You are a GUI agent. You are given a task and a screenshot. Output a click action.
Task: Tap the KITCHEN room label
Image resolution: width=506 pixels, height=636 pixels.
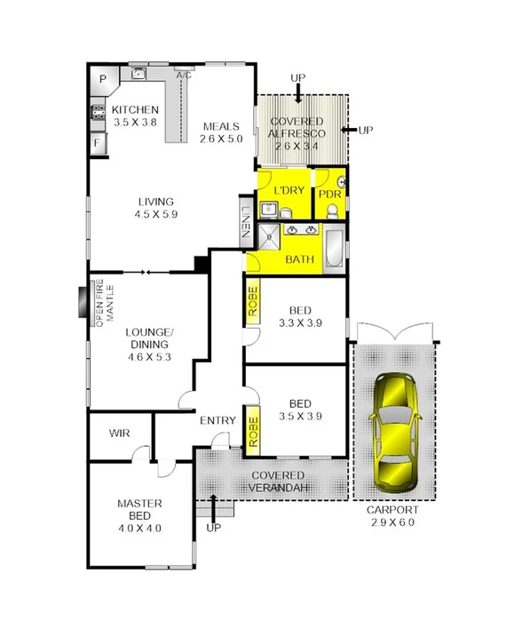(x=135, y=109)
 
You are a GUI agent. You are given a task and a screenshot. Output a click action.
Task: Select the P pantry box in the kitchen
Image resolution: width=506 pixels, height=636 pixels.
(x=102, y=79)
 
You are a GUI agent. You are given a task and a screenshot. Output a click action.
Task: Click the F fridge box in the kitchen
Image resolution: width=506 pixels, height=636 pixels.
(x=97, y=142)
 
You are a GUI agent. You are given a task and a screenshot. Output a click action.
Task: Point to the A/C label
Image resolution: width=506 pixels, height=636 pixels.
(x=184, y=76)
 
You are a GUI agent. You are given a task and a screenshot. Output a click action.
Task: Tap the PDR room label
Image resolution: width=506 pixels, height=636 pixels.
(x=329, y=194)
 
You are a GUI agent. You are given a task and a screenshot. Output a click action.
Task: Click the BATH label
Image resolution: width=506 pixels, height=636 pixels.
(x=298, y=260)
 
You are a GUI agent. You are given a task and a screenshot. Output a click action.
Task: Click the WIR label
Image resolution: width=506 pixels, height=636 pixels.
(x=119, y=433)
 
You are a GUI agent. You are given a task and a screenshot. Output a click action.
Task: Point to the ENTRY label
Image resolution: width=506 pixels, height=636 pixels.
(x=217, y=420)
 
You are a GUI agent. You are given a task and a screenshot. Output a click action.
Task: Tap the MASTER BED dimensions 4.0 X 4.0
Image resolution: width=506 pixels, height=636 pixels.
(x=139, y=528)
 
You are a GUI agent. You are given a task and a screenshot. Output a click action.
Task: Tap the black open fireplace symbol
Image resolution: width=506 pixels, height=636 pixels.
(x=82, y=301)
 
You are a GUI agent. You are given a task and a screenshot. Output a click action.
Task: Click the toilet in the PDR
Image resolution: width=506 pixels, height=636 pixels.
(x=330, y=211)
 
